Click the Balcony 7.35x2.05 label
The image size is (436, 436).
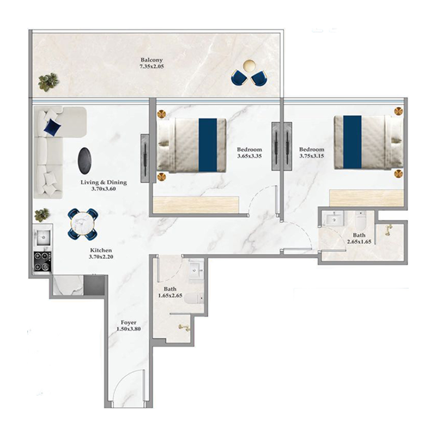[152, 64]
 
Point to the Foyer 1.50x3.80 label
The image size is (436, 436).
[129, 326]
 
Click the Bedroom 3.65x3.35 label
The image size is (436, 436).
[250, 153]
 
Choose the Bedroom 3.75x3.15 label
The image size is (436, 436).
[312, 153]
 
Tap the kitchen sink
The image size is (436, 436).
[42, 237]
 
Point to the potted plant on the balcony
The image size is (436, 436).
[48, 82]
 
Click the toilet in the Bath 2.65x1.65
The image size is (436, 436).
[360, 222]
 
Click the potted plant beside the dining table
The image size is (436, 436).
[42, 214]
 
